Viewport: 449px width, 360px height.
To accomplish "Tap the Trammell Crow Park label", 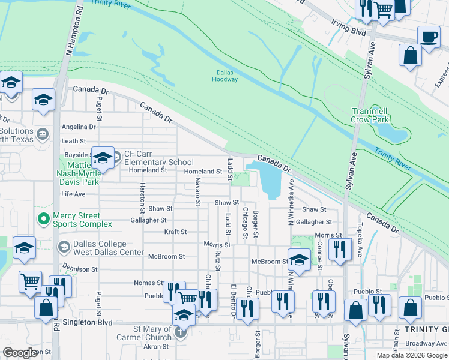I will tap(370, 115).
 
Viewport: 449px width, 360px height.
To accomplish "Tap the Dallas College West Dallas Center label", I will tap(100, 248).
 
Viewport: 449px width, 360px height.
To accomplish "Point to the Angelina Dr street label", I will tap(79, 127).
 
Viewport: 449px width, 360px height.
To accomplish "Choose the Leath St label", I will tap(74, 141).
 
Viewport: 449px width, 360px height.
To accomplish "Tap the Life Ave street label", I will tap(73, 194).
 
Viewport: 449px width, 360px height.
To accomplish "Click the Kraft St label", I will tap(175, 232).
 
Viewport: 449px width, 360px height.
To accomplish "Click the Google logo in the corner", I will tap(20, 353).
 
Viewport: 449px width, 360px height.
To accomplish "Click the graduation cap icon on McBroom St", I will tap(298, 260).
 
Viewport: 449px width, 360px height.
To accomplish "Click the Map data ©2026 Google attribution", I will tap(412, 355).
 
